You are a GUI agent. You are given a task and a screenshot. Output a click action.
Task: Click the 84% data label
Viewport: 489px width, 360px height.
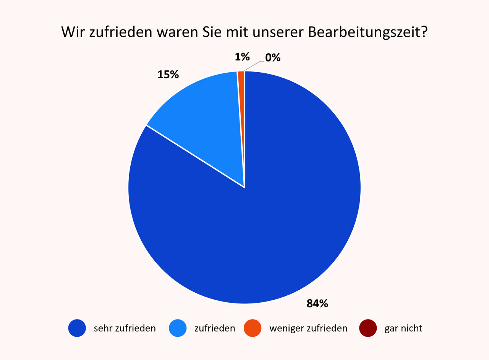pos(317,304)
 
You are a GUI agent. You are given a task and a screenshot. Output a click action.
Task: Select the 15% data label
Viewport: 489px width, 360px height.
pos(168,75)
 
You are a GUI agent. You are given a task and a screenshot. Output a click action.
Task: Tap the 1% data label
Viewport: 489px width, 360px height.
pos(242,57)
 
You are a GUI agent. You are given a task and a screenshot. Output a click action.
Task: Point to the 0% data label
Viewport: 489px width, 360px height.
pos(273,58)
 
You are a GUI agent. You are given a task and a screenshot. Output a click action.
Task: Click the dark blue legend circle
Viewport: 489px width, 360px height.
pos(78,328)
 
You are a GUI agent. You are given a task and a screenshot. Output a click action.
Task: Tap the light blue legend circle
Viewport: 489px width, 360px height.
pos(178,328)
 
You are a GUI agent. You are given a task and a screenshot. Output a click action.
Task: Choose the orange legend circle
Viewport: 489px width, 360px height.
pos(252,328)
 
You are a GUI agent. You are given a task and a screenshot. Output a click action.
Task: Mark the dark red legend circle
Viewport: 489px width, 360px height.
pos(368,328)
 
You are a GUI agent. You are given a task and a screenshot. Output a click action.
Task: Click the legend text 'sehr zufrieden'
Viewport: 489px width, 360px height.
pos(125,328)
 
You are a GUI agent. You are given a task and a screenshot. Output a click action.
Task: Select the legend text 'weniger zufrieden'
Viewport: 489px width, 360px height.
pos(308,328)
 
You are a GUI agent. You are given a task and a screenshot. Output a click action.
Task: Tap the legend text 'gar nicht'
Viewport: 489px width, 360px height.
pos(403,328)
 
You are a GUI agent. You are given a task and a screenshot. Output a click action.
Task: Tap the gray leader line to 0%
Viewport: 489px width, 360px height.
pos(253,65)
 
